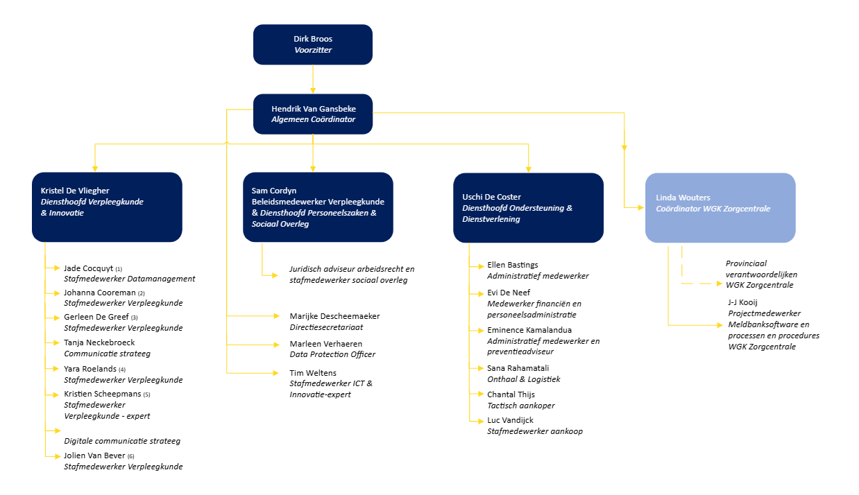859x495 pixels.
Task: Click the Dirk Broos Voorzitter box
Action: click(312, 44)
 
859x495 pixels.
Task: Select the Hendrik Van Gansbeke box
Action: click(312, 114)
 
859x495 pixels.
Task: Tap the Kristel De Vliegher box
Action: click(107, 207)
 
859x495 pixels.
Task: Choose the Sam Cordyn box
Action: click(318, 207)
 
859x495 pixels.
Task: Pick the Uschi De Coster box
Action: click(528, 208)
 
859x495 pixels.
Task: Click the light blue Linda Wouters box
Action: click(720, 208)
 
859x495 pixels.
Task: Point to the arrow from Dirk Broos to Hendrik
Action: click(312, 79)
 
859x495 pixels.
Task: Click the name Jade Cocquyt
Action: click(88, 268)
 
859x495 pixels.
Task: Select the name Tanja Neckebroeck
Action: click(99, 342)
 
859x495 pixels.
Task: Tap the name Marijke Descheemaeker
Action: click(334, 316)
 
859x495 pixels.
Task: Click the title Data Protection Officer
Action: click(332, 354)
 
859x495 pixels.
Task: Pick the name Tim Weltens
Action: click(312, 373)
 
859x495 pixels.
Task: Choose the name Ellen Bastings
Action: click(512, 265)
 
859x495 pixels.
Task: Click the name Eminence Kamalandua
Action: click(529, 330)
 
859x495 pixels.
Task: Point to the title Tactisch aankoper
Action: click(521, 406)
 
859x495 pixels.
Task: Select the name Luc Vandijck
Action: click(510, 420)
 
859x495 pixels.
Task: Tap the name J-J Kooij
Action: click(743, 302)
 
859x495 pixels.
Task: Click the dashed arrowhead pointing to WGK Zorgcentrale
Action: click(720, 284)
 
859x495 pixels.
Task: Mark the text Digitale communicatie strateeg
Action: click(122, 441)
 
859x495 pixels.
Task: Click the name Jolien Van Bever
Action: click(94, 455)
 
